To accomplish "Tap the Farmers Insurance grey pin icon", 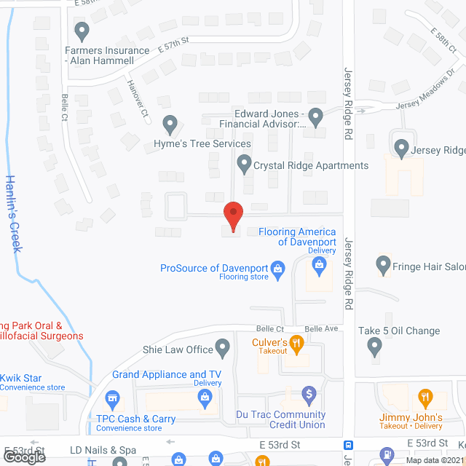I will point(82,31).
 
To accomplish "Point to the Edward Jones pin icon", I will point(315,115).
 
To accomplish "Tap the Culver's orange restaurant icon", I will point(296,341).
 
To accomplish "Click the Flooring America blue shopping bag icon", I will point(320,265).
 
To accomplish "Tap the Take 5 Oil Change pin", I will point(375,347).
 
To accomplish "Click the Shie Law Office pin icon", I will point(224,347).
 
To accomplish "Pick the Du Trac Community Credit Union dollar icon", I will point(309,397).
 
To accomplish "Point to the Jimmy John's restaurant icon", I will point(424,398).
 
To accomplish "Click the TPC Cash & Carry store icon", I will point(112,399).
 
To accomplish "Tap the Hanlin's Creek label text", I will point(12,214).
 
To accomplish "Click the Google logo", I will point(24,457).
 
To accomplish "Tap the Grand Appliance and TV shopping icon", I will point(205,397).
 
